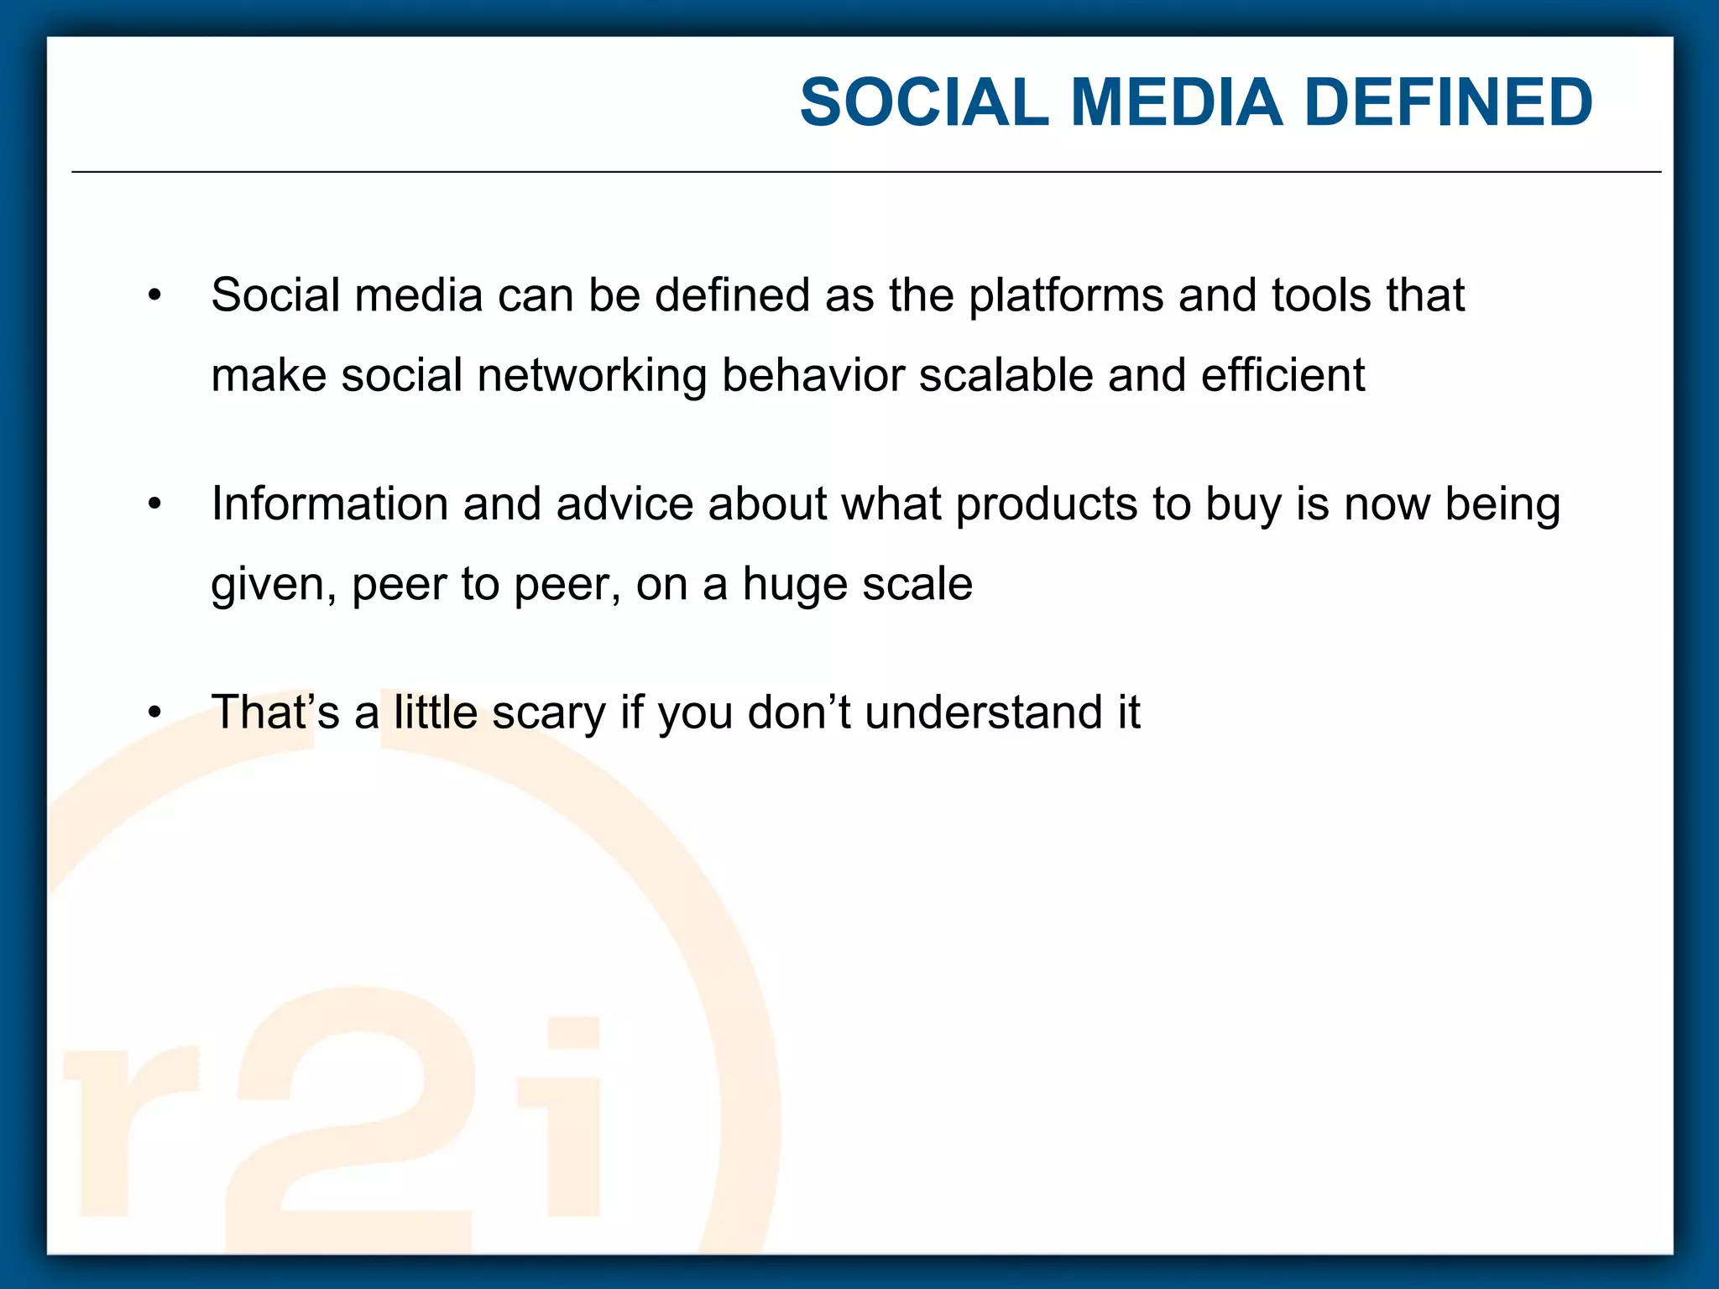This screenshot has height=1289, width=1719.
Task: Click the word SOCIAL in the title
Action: click(x=924, y=102)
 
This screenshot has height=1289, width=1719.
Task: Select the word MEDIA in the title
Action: click(x=1177, y=102)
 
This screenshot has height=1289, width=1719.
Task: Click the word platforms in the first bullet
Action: click(x=1065, y=296)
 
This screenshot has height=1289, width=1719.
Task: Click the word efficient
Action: click(x=1283, y=375)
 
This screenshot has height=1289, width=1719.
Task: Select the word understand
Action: click(x=983, y=712)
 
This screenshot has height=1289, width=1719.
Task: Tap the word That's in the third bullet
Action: click(x=275, y=712)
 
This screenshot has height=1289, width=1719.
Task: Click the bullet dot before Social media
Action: click(x=154, y=296)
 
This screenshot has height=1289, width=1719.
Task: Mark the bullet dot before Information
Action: click(x=154, y=505)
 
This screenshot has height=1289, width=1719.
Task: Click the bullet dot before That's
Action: click(x=154, y=713)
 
